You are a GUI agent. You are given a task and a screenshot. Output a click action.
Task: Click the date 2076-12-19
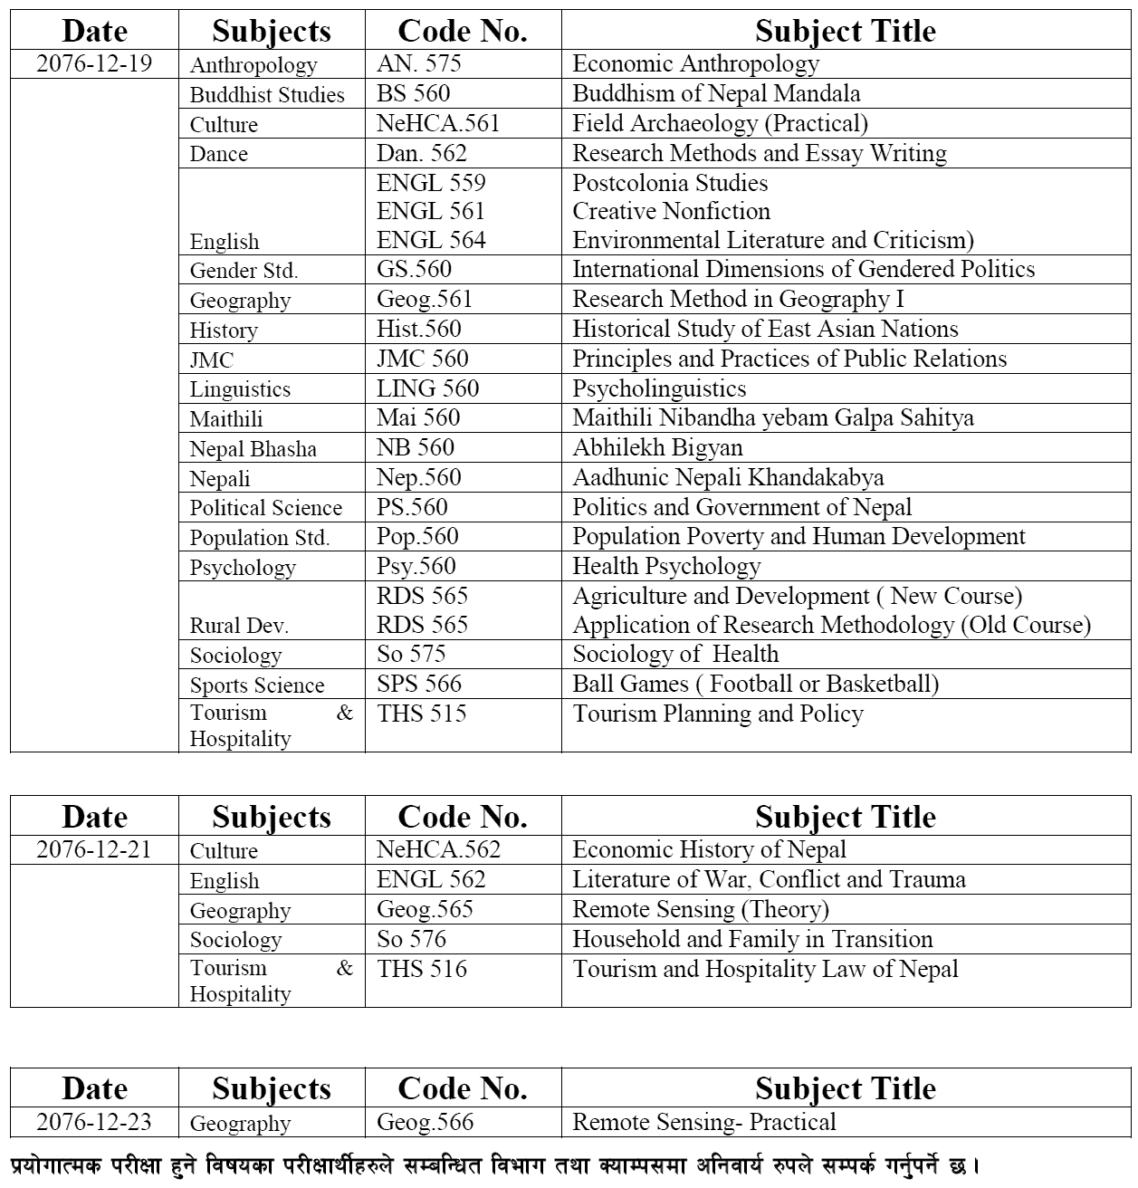click(94, 63)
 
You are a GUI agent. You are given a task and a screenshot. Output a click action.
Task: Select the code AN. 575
click(418, 63)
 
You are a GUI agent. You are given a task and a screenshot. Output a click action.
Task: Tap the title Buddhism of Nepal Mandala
click(716, 93)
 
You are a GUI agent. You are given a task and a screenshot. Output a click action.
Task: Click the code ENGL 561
click(431, 211)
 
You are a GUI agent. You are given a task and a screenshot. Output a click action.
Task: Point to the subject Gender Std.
click(244, 270)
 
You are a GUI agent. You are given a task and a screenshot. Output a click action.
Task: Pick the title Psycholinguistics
click(659, 388)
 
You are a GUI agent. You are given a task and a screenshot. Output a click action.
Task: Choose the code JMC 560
click(423, 359)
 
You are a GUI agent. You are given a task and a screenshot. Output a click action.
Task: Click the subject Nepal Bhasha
click(253, 449)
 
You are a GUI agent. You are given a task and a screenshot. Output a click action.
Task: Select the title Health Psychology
click(666, 566)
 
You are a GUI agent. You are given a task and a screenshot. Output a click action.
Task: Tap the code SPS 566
click(419, 684)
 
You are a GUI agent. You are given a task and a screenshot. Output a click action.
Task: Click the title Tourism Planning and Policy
click(718, 714)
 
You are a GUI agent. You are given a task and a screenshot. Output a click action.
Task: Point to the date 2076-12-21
click(94, 849)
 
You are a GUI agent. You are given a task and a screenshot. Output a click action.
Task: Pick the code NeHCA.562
click(438, 849)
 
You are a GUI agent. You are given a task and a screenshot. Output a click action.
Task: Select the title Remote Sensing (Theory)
click(701, 909)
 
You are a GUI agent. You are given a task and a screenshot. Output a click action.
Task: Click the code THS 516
click(422, 969)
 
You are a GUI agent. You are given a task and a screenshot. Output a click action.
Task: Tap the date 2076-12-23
click(94, 1122)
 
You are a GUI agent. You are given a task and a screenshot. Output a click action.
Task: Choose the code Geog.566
click(425, 1122)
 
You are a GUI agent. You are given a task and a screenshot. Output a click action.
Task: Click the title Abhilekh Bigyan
click(657, 447)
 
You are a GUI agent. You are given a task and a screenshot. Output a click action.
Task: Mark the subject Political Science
click(266, 508)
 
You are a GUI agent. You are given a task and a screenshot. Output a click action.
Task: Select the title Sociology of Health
click(675, 654)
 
